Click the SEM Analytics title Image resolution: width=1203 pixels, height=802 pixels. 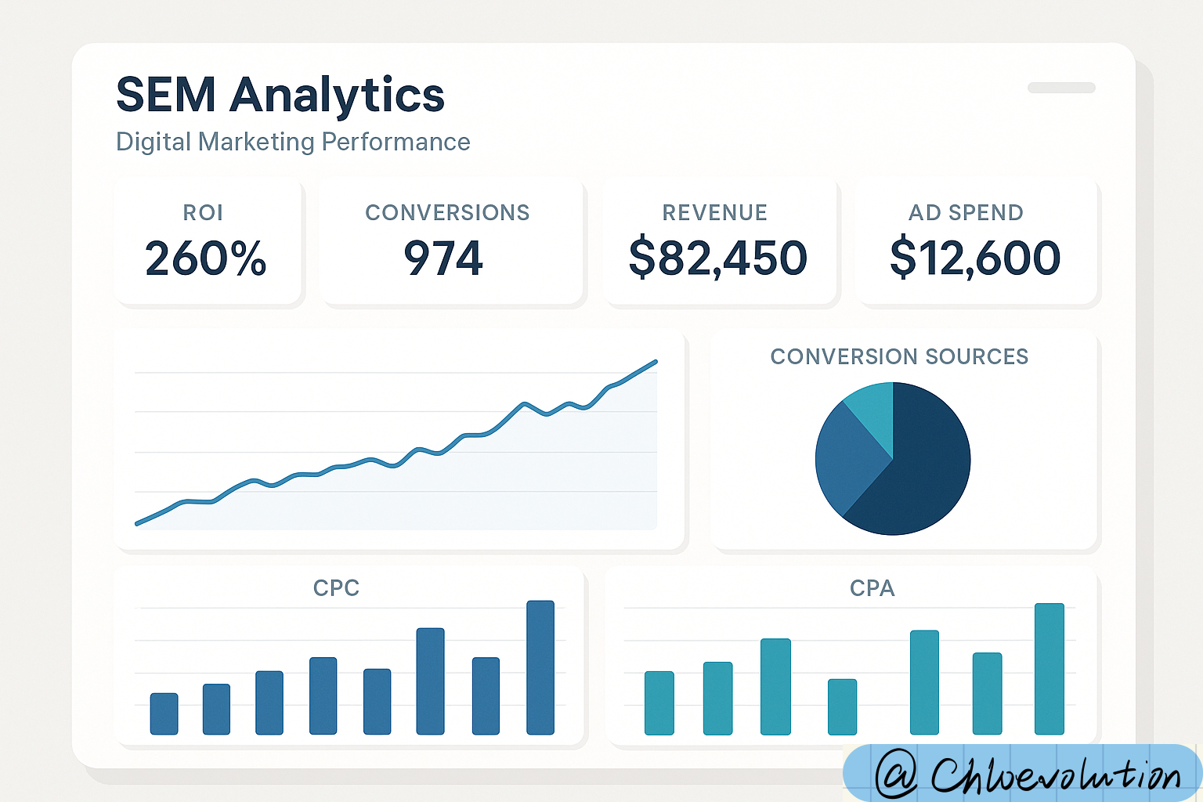[280, 96]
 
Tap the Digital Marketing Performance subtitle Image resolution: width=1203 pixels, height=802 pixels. [293, 142]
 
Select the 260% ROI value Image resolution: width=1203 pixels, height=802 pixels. [206, 258]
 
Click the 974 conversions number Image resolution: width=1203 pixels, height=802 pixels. [443, 258]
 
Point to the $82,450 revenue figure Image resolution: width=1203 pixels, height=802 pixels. [717, 258]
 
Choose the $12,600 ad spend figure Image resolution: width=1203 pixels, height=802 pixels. [975, 258]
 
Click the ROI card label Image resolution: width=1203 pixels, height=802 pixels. [203, 212]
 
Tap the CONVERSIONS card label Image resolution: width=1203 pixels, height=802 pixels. [447, 212]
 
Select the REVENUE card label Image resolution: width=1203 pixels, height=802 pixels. [714, 212]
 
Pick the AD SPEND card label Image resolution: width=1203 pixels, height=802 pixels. [966, 212]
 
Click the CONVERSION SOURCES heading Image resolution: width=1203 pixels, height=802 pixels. [899, 356]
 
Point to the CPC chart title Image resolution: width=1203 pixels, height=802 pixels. [336, 587]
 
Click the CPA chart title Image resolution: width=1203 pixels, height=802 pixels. [872, 587]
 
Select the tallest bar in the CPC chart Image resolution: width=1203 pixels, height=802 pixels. [540, 667]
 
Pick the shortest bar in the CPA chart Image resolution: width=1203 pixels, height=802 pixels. [842, 706]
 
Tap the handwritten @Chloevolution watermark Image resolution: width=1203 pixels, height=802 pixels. [1026, 774]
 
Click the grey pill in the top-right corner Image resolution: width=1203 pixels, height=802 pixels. [1061, 88]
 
